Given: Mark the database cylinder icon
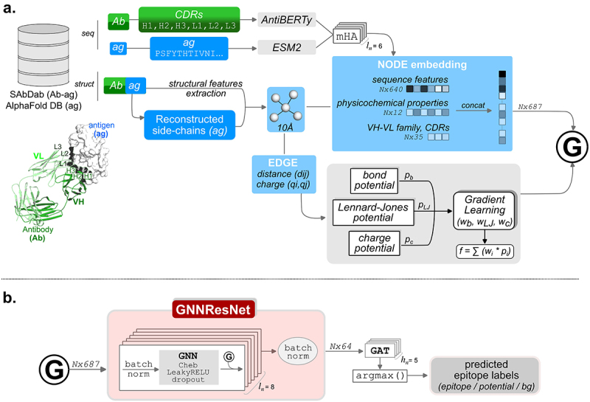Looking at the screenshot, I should click(48, 55).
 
